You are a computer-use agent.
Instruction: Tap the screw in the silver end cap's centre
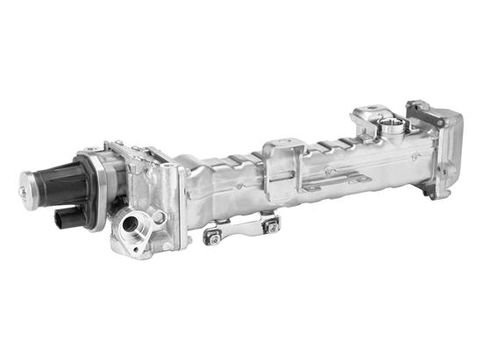pos(23,187)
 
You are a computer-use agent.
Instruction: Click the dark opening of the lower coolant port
pos(131,224)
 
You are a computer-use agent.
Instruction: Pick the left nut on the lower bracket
pos(210,236)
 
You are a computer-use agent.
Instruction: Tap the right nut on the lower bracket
pos(272,226)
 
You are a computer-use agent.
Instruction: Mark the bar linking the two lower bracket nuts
pos(241,229)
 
